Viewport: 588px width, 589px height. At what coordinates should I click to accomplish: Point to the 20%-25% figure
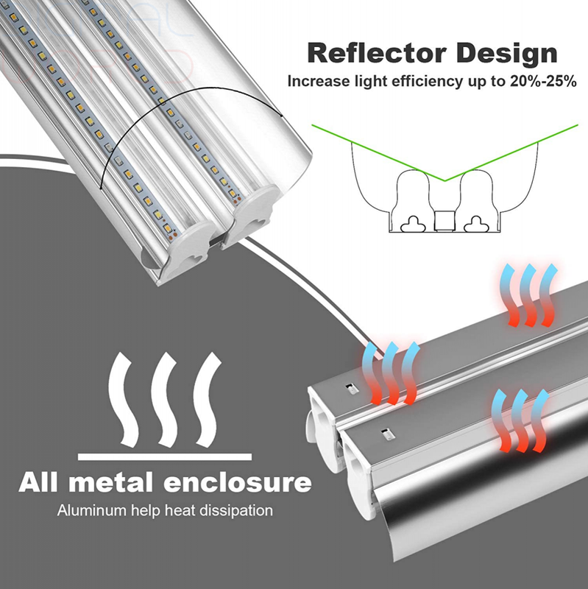[539, 81]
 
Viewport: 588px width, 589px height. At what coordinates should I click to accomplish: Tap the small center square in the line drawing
[444, 221]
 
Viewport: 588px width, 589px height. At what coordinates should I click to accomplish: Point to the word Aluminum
[87, 509]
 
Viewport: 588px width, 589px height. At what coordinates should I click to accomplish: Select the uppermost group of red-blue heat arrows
[529, 294]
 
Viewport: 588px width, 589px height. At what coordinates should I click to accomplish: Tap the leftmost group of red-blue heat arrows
[390, 372]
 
